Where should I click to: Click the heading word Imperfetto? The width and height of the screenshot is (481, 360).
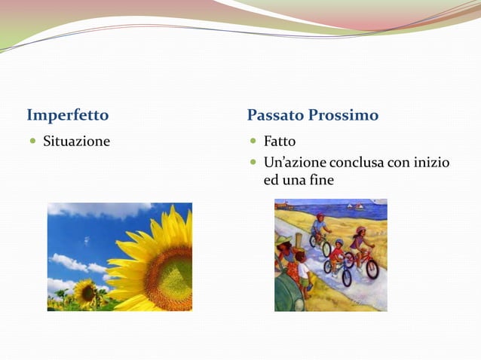pos(68,115)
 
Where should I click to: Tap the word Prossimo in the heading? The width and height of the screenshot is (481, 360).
pos(347,115)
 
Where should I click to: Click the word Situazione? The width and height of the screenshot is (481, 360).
pos(76,141)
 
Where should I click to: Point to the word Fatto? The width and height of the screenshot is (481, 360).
pos(279,141)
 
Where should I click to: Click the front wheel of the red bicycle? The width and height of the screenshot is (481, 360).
pos(372,269)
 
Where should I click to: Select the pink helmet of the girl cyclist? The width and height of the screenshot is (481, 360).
pos(360,230)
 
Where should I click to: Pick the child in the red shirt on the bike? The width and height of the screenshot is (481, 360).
pos(336,252)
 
